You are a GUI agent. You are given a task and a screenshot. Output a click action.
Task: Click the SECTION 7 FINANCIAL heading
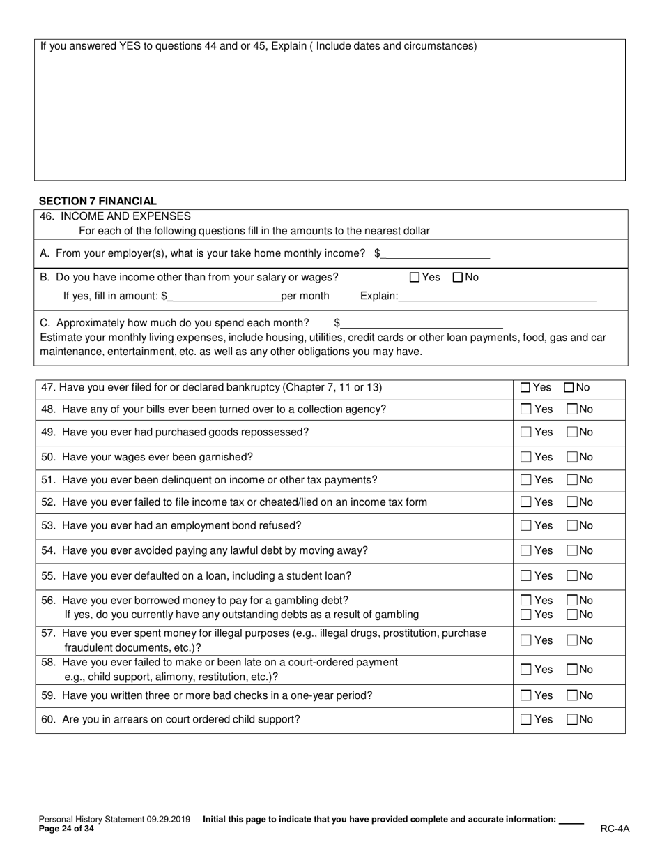point(98,201)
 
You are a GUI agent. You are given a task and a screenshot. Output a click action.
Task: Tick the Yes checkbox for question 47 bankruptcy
point(526,388)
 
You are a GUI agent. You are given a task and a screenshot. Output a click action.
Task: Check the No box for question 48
point(572,409)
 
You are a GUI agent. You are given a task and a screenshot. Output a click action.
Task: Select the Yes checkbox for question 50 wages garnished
point(526,457)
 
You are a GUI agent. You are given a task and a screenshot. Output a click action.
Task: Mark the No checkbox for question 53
point(572,526)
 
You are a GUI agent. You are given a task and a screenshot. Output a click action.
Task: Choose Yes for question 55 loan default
point(526,576)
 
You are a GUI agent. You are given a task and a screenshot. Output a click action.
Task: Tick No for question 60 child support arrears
point(572,720)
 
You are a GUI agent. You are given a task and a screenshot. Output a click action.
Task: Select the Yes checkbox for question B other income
point(415,278)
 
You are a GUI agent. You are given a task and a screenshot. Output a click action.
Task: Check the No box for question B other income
point(458,278)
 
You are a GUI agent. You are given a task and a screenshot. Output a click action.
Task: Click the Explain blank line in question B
point(498,296)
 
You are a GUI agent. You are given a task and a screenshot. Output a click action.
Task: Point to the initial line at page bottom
point(571,820)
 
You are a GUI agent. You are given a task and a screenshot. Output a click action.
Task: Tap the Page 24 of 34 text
point(66,829)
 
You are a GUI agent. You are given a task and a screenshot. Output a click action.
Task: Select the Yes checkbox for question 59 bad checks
point(526,696)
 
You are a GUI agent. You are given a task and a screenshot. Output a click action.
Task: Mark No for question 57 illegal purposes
point(572,640)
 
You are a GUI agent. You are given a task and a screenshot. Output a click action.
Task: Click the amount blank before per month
point(224,296)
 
